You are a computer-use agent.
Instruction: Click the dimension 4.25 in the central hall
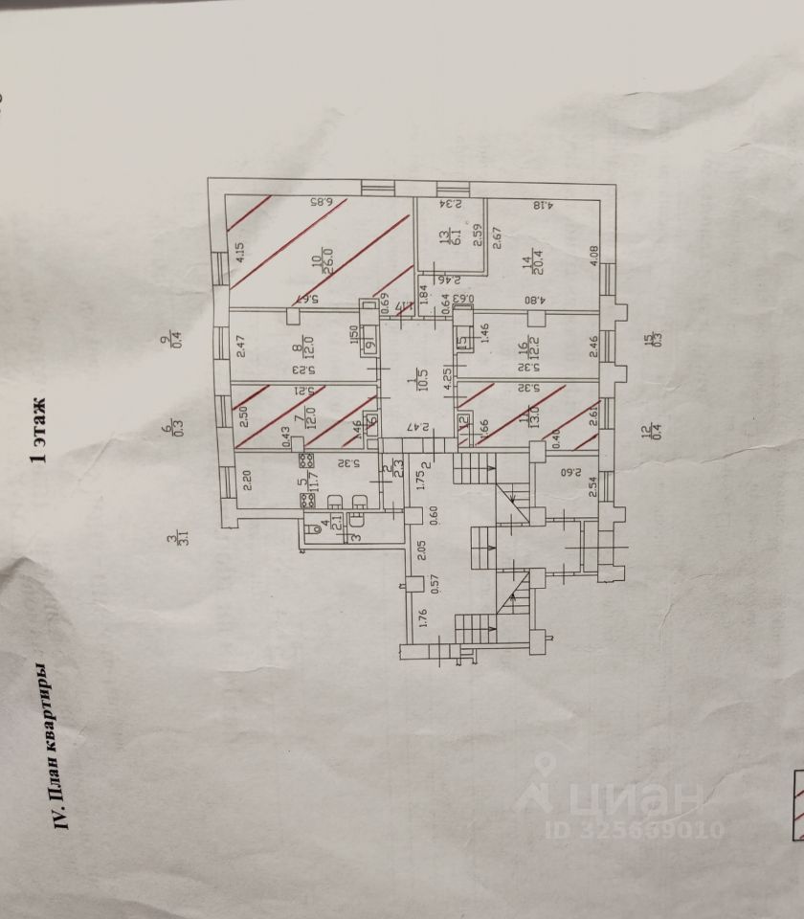click(x=446, y=375)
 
